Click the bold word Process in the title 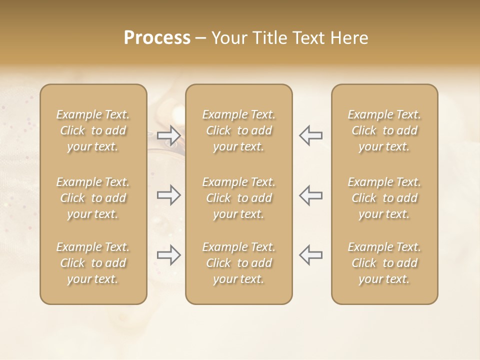[x=157, y=38]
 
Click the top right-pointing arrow [x=169, y=135]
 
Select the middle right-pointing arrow [x=169, y=195]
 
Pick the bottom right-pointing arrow [x=169, y=255]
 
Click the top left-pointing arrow [x=310, y=135]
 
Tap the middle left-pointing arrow [x=310, y=195]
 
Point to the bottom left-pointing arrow [x=310, y=255]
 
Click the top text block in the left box [x=93, y=130]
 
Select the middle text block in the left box [x=93, y=198]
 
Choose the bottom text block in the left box [x=93, y=263]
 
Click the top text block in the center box [x=238, y=130]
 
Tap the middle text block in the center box [x=238, y=198]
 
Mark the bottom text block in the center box [x=238, y=263]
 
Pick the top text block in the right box [x=384, y=130]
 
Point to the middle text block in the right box [x=384, y=198]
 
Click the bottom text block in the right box [x=384, y=263]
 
